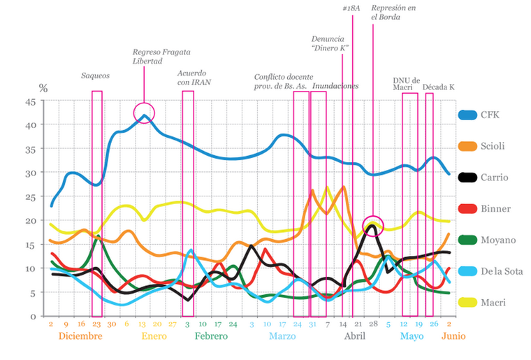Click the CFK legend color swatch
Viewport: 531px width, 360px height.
coord(467,115)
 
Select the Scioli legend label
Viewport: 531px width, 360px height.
coord(493,146)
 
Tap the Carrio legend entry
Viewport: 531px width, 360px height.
coord(493,178)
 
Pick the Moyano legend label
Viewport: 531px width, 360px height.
coord(498,240)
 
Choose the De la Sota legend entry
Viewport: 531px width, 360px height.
coord(501,271)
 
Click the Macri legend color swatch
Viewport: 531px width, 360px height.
coord(467,303)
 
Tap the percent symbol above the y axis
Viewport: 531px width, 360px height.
coord(43,89)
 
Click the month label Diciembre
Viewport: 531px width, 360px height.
coord(80,336)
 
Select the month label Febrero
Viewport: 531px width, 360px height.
coord(212,336)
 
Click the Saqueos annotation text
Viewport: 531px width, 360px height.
coord(95,75)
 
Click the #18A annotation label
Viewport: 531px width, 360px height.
coord(351,8)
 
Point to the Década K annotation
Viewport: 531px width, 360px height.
coord(439,87)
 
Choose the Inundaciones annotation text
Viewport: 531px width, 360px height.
coord(335,86)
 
